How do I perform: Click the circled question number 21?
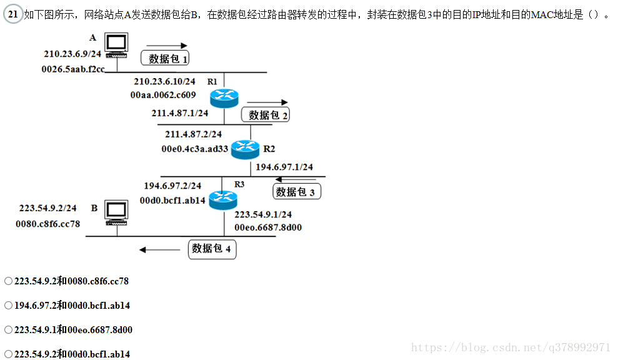12,14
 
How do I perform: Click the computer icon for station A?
116,46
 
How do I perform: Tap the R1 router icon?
224,96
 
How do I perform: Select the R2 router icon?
244,149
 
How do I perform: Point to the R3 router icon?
223,199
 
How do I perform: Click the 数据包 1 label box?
167,58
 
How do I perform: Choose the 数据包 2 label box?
266,114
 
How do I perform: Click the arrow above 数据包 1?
166,46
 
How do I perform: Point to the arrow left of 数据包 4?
159,250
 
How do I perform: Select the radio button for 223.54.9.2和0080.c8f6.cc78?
8,281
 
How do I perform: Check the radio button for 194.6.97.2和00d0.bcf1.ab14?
8,306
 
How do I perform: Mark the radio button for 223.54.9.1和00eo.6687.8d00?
8,329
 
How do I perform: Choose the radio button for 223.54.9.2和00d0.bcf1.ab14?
8,354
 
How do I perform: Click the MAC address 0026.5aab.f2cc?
72,69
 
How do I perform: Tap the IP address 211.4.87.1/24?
181,113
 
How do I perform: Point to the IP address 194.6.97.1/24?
284,167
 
